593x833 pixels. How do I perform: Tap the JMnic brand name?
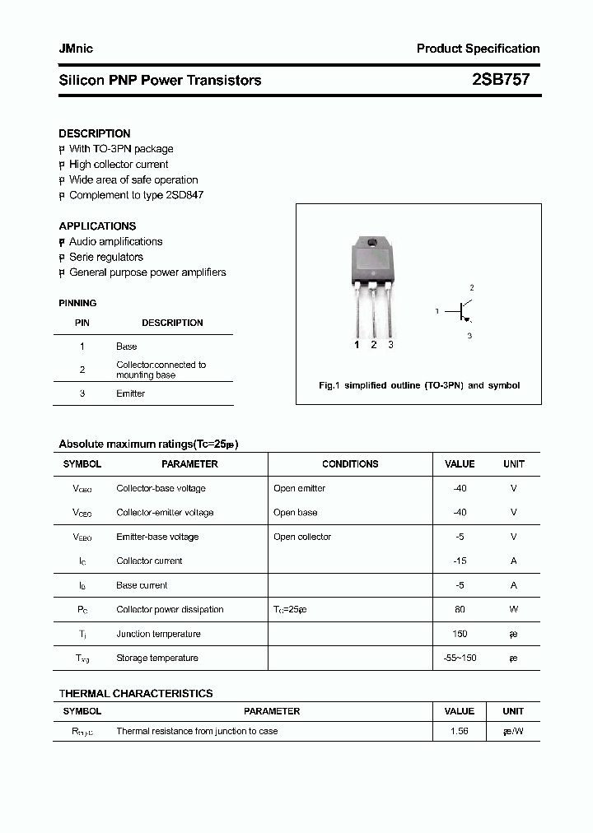click(x=76, y=49)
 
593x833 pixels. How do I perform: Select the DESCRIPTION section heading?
click(x=95, y=133)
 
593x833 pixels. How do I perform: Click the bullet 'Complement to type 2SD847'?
click(x=136, y=195)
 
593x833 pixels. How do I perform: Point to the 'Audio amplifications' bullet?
click(x=115, y=241)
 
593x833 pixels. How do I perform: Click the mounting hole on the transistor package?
click(x=371, y=242)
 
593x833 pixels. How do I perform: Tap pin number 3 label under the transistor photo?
click(x=390, y=345)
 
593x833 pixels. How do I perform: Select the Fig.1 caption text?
click(x=419, y=385)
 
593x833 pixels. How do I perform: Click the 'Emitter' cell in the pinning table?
click(x=130, y=393)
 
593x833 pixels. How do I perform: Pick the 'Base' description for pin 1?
click(x=126, y=347)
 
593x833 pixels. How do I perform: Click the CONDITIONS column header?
click(x=350, y=464)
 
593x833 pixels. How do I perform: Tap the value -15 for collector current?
click(x=460, y=561)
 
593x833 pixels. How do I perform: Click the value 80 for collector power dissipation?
click(x=460, y=609)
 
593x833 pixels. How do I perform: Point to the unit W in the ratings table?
click(x=513, y=609)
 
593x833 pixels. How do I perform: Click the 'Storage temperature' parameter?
click(x=157, y=658)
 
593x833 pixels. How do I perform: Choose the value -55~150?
click(x=460, y=658)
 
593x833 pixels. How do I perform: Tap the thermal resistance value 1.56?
click(x=460, y=731)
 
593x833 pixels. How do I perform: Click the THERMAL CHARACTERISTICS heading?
click(x=136, y=693)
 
